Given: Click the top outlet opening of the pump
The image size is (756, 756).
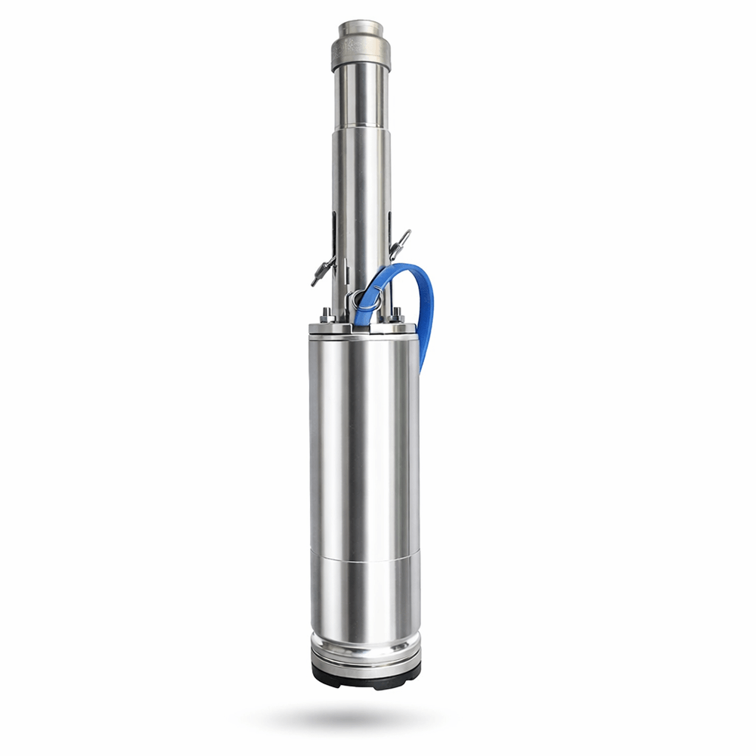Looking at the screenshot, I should click(x=361, y=28).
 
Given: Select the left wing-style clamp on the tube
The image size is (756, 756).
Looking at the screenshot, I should click(x=323, y=270).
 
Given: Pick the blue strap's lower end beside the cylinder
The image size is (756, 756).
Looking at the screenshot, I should click(x=424, y=355).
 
